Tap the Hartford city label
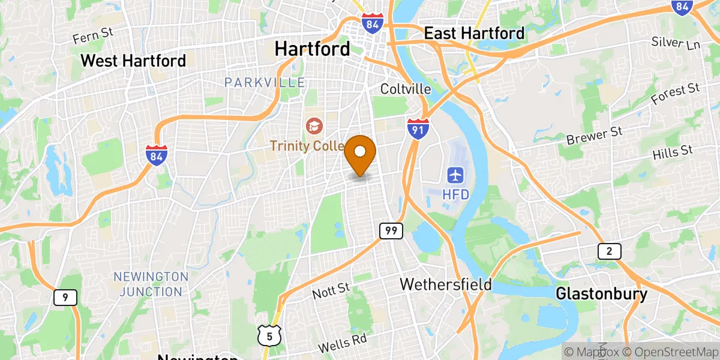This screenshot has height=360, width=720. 312,49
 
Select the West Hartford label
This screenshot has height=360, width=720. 133,61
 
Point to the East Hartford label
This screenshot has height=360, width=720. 474,34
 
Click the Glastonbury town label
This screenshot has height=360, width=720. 601,294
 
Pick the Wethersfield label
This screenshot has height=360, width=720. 446,283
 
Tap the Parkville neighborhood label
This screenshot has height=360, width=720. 265,82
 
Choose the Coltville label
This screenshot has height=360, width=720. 406,89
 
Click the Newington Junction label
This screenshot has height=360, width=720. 151,284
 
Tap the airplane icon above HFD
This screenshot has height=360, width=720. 455,176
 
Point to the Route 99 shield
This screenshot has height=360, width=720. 390,230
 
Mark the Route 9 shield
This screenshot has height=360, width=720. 65,297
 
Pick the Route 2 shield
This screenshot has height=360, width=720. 609,251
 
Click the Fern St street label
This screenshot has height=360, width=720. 93,36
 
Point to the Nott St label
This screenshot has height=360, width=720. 331,292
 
